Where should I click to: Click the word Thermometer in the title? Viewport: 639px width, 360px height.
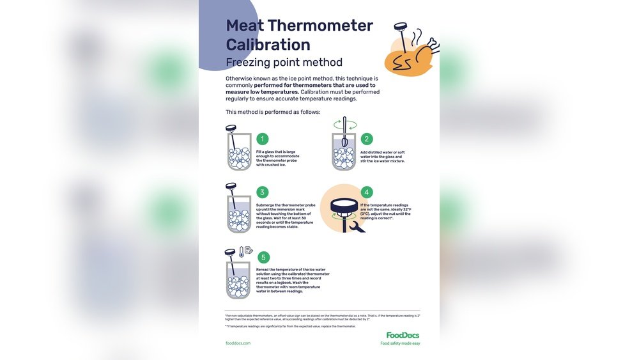point(320,26)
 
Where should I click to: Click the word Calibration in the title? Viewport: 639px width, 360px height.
point(268,45)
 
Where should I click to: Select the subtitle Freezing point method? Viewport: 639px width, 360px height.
point(284,63)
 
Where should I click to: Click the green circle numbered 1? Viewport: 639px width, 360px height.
point(263,139)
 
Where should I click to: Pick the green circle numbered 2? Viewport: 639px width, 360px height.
point(367,139)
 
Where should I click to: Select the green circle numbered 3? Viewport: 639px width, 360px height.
point(263,192)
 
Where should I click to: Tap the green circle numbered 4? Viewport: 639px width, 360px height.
point(367,192)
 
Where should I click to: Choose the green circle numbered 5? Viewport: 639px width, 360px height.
point(263,257)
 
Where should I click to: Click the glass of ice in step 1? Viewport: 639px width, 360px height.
point(239,157)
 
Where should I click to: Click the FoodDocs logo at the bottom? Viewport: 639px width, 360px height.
point(403,335)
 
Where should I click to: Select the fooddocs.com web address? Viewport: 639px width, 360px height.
point(238,343)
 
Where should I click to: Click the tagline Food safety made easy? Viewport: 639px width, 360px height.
point(400,343)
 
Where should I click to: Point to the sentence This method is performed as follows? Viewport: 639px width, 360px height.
point(273,112)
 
